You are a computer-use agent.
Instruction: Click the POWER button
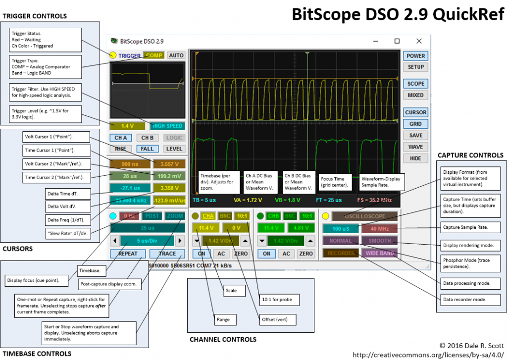pyautogui.click(x=415, y=56)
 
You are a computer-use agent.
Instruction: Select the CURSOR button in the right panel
pyautogui.click(x=415, y=112)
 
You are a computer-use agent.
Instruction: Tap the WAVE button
pyautogui.click(x=415, y=147)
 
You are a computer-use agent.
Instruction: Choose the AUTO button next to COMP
pyautogui.click(x=176, y=55)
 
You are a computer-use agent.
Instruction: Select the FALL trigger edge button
pyautogui.click(x=147, y=149)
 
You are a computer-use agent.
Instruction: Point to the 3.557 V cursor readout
pyautogui.click(x=169, y=164)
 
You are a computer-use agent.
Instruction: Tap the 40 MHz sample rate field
pyautogui.click(x=379, y=229)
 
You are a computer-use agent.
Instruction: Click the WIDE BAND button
pyautogui.click(x=379, y=253)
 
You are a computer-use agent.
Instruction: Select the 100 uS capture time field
pyautogui.click(x=341, y=229)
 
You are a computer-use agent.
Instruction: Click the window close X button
pyautogui.click(x=419, y=41)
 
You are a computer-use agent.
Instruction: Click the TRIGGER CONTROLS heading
pyautogui.click(x=35, y=16)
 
